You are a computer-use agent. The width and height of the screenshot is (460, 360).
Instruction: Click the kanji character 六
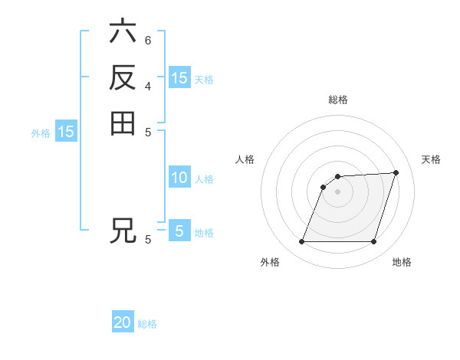(123, 32)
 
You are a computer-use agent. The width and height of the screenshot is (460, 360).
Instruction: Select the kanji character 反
(123, 77)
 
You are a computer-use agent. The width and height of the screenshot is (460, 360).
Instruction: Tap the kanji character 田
(123, 123)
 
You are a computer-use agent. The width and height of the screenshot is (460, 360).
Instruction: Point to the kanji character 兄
(123, 231)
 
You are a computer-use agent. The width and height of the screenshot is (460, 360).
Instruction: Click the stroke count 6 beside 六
(148, 40)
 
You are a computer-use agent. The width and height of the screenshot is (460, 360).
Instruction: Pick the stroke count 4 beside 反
(148, 85)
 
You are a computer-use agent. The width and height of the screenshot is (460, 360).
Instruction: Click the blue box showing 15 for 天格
(179, 78)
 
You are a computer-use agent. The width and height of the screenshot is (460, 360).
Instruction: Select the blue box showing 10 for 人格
(179, 178)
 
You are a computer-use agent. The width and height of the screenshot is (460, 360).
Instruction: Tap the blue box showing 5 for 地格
(179, 231)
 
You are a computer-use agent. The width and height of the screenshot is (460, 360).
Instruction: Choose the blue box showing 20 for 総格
(123, 322)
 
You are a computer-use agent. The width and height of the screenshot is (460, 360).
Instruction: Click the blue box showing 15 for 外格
(66, 132)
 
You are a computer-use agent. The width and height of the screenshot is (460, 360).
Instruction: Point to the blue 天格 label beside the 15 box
(204, 80)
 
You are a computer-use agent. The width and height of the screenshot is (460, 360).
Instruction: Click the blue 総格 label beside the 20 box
(147, 324)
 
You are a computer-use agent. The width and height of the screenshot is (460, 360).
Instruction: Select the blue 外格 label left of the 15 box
(41, 133)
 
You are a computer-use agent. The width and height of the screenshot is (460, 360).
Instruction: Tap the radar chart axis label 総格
(338, 100)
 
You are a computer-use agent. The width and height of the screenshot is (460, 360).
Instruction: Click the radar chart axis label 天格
(431, 159)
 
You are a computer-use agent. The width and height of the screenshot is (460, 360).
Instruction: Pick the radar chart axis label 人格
(245, 159)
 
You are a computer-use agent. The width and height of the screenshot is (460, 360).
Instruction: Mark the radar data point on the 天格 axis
(396, 172)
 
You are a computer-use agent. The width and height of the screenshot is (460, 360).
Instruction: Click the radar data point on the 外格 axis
(301, 242)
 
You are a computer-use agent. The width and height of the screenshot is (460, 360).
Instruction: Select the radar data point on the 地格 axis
(374, 242)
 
